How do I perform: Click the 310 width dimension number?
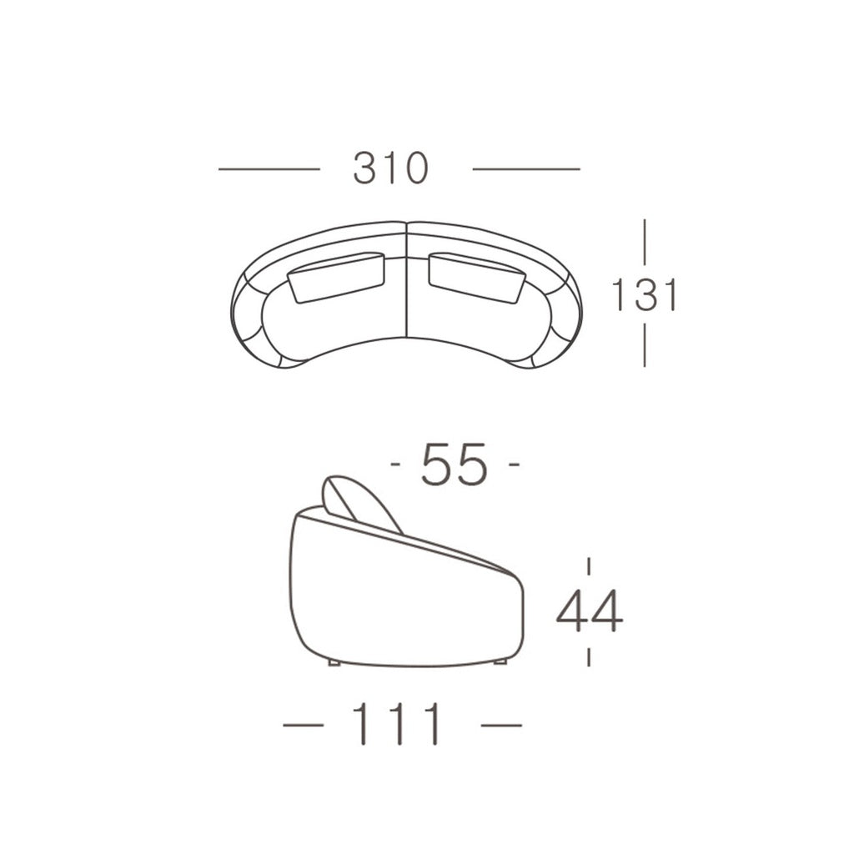point(391,168)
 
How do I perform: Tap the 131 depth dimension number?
point(645,294)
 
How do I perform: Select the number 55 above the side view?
point(454,464)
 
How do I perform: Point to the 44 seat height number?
point(590,610)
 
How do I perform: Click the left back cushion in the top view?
point(338,277)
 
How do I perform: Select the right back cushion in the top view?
point(477,277)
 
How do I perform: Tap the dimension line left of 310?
point(269,168)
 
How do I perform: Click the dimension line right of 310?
point(526,168)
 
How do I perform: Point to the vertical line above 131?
point(645,242)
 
